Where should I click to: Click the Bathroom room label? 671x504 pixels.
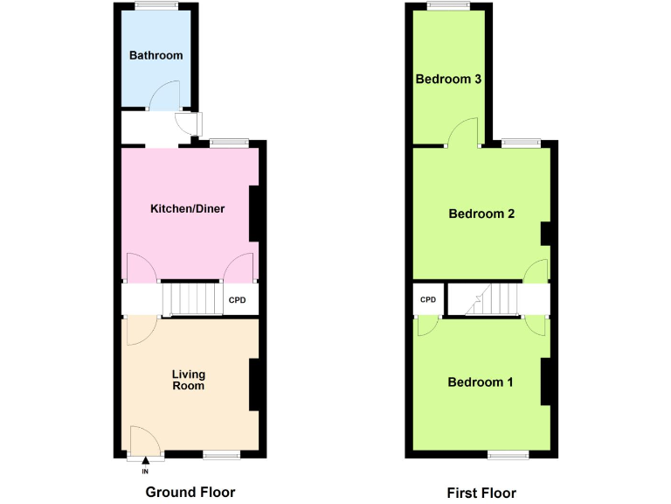point(156,55)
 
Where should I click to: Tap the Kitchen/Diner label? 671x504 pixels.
point(188,208)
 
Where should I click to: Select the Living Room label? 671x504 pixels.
point(189,380)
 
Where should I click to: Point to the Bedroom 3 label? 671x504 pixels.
point(449,79)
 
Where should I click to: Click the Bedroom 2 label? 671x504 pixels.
point(481,213)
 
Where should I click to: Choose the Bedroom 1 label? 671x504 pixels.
point(481,382)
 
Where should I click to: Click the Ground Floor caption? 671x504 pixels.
point(190,492)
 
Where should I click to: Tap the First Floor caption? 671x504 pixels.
point(481,493)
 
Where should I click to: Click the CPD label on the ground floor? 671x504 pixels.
point(238,300)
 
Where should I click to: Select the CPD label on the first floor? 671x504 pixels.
point(428,300)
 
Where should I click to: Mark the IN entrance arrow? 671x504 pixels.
point(146,465)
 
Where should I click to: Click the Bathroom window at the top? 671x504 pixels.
point(156,6)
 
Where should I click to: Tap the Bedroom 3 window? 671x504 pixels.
point(448,6)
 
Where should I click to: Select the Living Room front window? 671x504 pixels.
point(221,454)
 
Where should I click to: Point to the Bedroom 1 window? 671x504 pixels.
point(507,454)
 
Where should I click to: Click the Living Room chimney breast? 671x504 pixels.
point(255,384)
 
